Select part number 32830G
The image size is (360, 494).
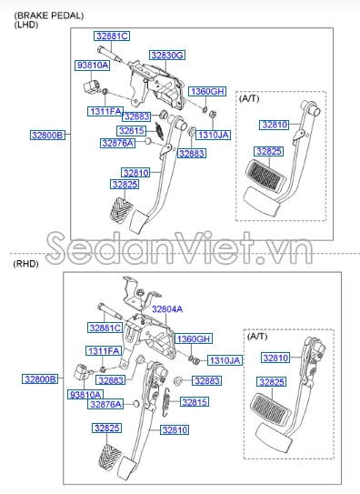[x=167, y=55]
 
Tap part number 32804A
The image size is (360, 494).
[x=167, y=309]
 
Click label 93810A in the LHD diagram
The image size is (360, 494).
[x=93, y=66]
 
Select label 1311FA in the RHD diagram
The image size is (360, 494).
[x=104, y=350]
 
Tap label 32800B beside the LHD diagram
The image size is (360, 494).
[x=47, y=135]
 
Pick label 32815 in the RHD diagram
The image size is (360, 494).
[x=195, y=401]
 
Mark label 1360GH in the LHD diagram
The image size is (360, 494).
[x=206, y=92]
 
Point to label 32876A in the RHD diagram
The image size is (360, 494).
[x=106, y=404]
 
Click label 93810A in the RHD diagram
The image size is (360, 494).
[x=85, y=394]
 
